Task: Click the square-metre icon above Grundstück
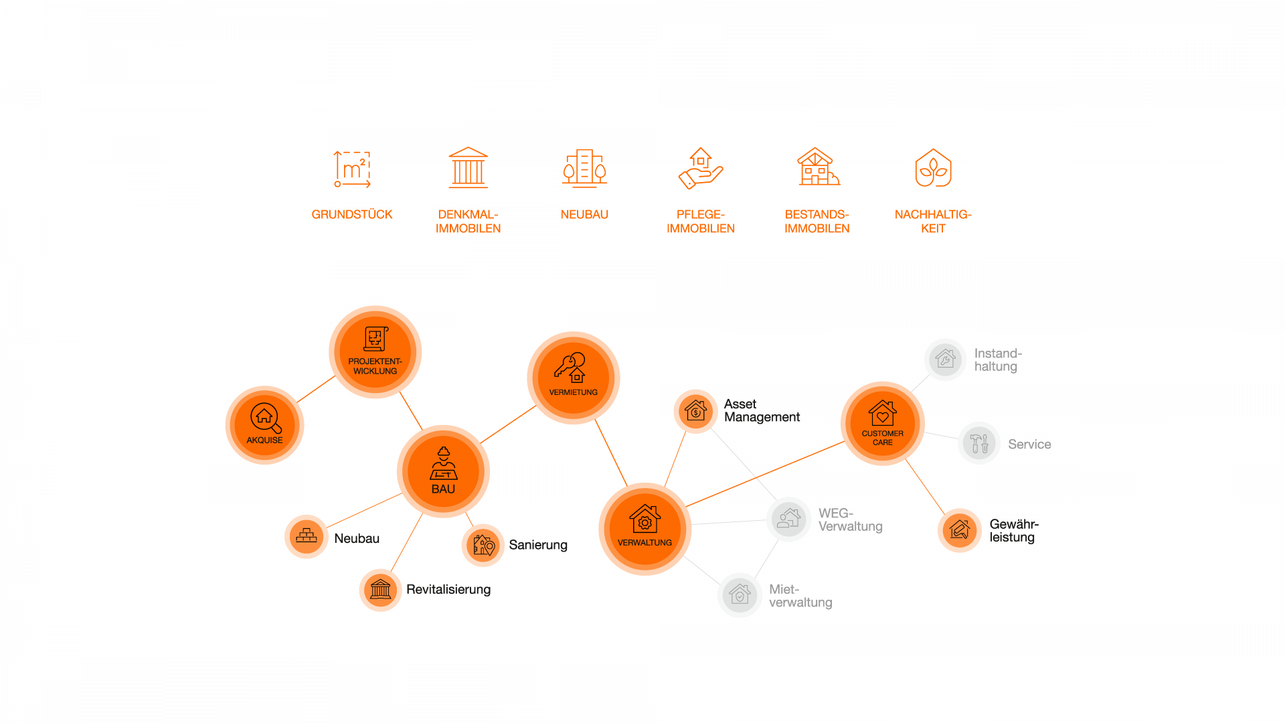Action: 352,169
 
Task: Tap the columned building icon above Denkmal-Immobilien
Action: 468,168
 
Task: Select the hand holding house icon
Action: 700,169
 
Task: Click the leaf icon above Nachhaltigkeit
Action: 933,168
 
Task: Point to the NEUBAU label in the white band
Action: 584,214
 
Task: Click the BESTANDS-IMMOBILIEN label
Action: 817,222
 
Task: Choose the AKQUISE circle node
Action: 264,425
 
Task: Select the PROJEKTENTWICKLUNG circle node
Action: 375,352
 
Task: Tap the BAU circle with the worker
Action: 443,471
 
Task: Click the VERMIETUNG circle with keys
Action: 573,378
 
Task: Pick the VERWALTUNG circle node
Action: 645,529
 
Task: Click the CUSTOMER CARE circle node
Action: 882,423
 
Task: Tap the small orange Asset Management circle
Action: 695,411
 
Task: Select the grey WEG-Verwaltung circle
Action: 788,519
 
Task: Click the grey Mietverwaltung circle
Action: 740,595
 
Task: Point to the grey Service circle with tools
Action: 978,443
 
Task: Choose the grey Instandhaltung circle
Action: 945,359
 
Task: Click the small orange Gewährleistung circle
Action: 959,530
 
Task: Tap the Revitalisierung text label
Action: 448,590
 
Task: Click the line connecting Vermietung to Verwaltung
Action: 610,453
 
